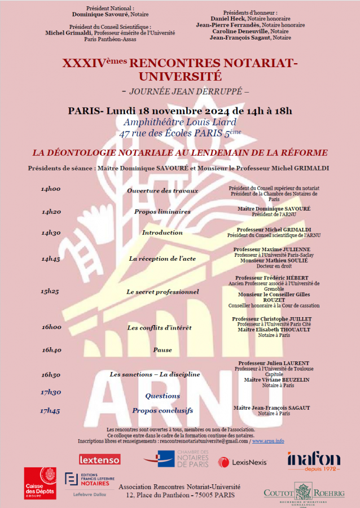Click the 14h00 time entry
coord(51,190)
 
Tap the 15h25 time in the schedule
coord(50,292)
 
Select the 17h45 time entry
coord(50,411)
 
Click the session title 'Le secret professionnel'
coord(163,292)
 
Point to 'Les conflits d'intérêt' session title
coord(159,327)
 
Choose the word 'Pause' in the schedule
coord(163,350)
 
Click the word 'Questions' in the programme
coord(163,396)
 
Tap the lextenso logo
coord(99,459)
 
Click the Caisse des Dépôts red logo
coord(39,483)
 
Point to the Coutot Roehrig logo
coord(304,492)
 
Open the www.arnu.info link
coord(268,441)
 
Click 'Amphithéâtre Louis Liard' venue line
coord(179,122)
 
